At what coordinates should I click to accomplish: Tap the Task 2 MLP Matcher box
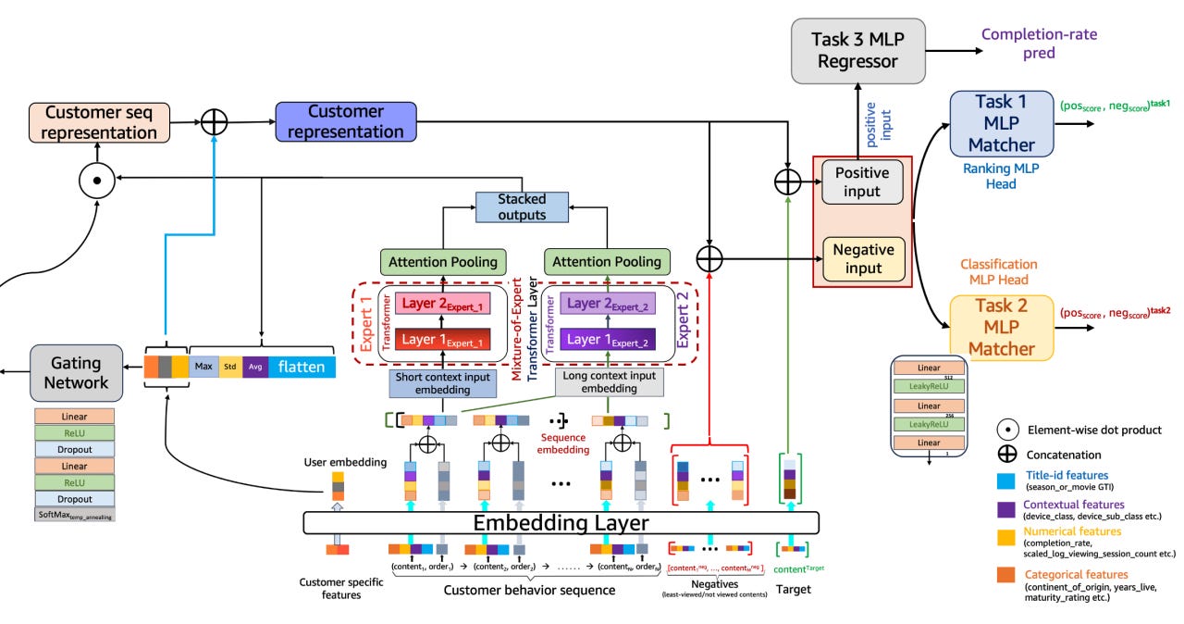[x=1001, y=327]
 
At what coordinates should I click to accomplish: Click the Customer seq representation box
[x=101, y=122]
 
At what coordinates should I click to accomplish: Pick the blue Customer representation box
[x=343, y=122]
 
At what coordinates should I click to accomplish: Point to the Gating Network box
[x=77, y=372]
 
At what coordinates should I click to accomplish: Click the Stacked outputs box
[x=522, y=206]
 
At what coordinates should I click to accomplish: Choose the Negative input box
[x=862, y=259]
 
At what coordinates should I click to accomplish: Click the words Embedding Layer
[x=561, y=523]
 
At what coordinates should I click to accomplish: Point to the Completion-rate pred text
[x=1039, y=44]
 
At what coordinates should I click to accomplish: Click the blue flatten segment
[x=302, y=367]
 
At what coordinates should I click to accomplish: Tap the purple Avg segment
[x=255, y=367]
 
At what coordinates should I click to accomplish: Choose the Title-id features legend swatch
[x=1005, y=480]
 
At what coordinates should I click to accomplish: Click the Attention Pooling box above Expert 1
[x=443, y=261]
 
